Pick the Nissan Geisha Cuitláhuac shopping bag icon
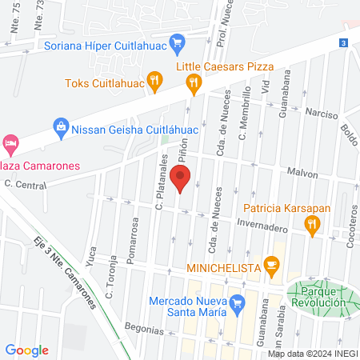(x=60, y=125)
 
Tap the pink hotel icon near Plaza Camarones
(x=10, y=144)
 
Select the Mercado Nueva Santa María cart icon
(x=236, y=303)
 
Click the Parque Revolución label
(x=318, y=298)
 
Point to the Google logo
(x=27, y=350)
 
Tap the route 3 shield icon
(x=343, y=42)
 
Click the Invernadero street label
(x=262, y=226)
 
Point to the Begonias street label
(x=145, y=328)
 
